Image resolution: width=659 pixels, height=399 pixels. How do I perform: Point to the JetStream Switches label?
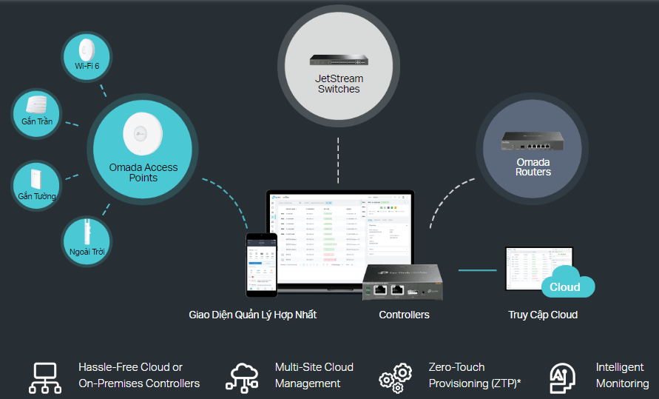[338, 84]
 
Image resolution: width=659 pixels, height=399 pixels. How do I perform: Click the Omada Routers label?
[533, 167]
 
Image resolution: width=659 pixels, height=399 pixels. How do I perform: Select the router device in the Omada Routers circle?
[533, 141]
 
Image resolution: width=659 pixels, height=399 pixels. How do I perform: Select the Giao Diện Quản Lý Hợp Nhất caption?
[252, 315]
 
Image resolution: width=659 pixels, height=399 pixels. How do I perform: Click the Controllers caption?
[404, 315]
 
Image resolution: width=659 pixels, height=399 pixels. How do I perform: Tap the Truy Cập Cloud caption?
[543, 315]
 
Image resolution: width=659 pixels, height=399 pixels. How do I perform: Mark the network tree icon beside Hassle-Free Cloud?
[45, 377]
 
